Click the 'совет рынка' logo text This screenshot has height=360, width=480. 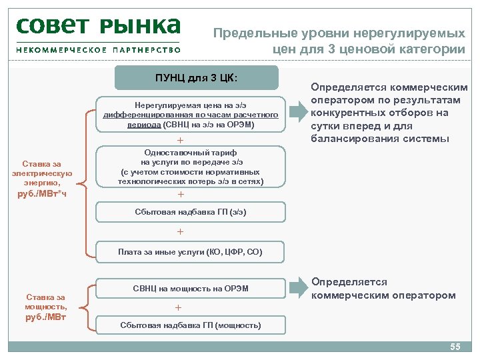pyautogui.click(x=99, y=27)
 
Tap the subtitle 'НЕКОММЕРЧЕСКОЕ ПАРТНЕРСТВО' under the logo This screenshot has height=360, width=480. pyautogui.click(x=99, y=49)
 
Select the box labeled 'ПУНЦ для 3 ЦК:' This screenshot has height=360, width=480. pyautogui.click(x=196, y=77)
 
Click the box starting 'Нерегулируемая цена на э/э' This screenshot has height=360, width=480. pyautogui.click(x=191, y=115)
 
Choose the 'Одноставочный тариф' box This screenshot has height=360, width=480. pyautogui.click(x=191, y=167)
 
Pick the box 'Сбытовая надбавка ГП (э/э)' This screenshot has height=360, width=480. pyautogui.click(x=191, y=213)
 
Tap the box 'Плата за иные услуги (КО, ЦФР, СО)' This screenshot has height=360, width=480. pyautogui.click(x=191, y=252)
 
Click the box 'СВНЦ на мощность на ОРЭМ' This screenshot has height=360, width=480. pyautogui.click(x=191, y=288)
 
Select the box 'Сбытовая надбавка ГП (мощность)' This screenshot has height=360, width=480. pyautogui.click(x=191, y=325)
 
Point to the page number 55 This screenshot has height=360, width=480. pyautogui.click(x=455, y=347)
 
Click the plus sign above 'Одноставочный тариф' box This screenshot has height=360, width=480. pyautogui.click(x=179, y=140)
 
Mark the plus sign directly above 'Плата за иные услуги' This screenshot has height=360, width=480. pyautogui.click(x=179, y=232)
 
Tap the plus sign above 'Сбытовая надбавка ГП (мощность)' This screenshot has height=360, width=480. pyautogui.click(x=178, y=307)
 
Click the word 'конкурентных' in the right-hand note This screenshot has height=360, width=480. pyautogui.click(x=345, y=113)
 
